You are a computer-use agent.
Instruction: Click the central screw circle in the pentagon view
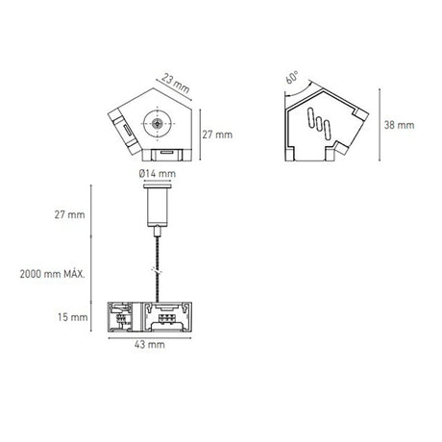[x=154, y=123]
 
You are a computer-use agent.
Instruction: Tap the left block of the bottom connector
[x=125, y=315]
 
